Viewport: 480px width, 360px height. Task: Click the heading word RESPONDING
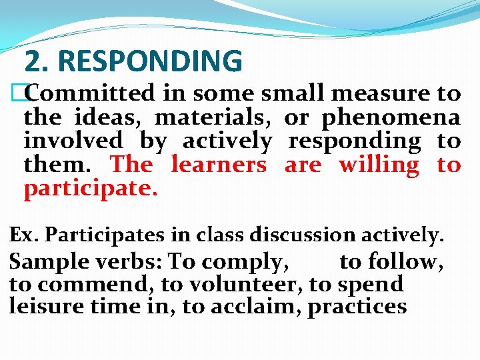point(150,61)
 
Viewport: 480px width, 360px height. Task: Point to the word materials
point(213,118)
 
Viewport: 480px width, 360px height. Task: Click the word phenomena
point(391,118)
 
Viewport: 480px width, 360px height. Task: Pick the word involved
point(73,141)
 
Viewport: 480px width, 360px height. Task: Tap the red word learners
point(218,165)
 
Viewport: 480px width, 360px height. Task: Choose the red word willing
point(379,165)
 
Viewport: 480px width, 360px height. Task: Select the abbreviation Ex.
point(23,235)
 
